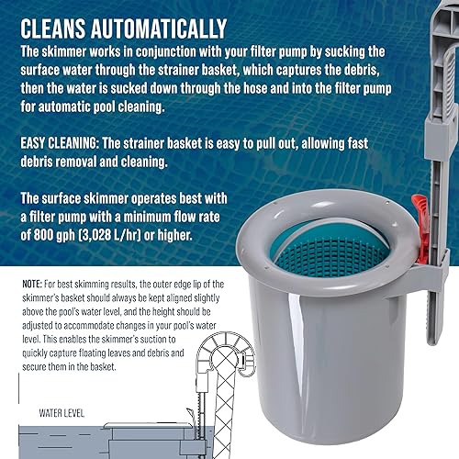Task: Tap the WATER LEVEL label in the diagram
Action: pos(54,413)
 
